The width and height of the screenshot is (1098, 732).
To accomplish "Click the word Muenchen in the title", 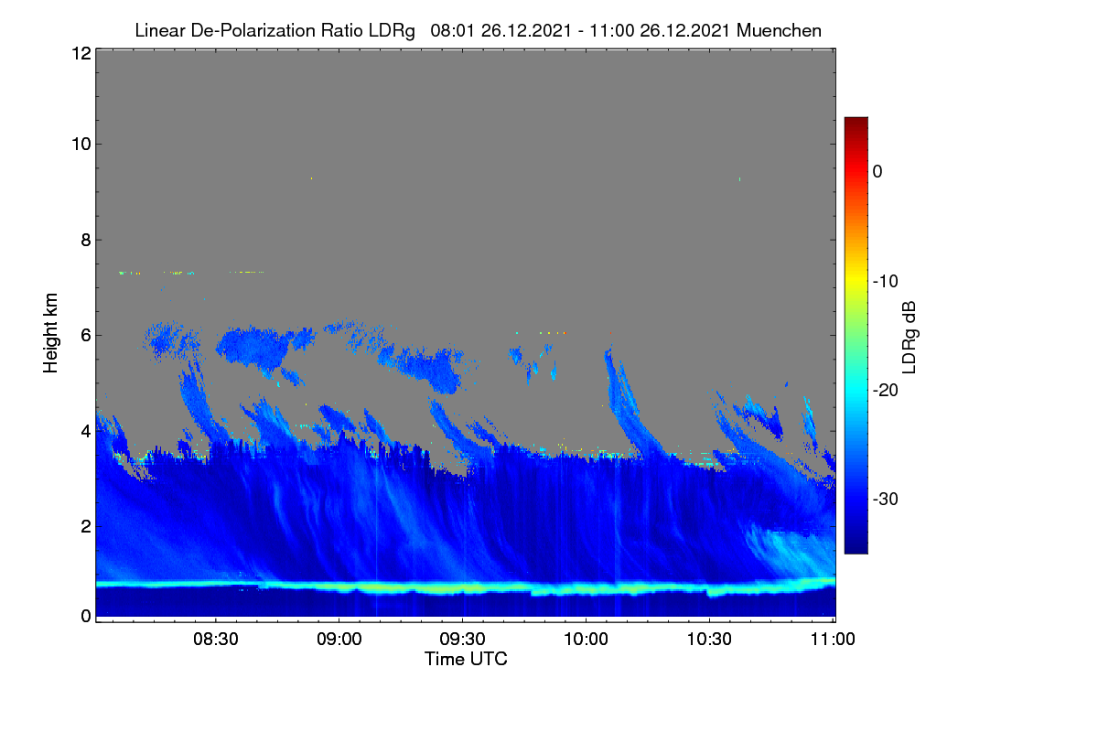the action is pos(779,30).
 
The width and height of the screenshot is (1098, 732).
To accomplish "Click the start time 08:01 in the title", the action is pos(452,30).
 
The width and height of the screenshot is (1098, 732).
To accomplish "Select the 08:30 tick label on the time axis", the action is pos(216,639).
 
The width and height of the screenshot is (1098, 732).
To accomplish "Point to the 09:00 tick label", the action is pos(339,639).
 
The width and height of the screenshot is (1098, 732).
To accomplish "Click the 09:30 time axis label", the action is pos(462,639).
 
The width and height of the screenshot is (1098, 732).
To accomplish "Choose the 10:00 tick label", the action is pos(586,639).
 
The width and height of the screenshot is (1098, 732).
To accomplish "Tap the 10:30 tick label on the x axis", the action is pos(709,639).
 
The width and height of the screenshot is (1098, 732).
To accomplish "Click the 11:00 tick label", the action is pos(833,639).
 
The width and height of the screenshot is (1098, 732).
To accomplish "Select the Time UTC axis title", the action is pos(466,659).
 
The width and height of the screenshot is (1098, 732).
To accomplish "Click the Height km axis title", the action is pos(50,333).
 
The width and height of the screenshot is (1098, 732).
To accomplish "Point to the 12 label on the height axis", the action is pos(81,53).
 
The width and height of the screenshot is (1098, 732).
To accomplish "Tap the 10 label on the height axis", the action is pos(81,145).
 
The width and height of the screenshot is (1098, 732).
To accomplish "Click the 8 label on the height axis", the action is pos(86,240).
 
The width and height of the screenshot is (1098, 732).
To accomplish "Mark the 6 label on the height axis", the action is pos(86,336).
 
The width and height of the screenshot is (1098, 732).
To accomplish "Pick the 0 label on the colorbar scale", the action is pos(877,172).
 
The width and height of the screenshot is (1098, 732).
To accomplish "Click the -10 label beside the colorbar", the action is pos(886,282).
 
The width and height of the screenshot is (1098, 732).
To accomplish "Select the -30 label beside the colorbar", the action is pos(886,499).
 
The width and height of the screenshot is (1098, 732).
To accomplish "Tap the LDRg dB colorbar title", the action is pos(910,338).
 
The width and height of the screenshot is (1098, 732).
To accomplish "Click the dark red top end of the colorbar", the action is pos(856,121).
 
